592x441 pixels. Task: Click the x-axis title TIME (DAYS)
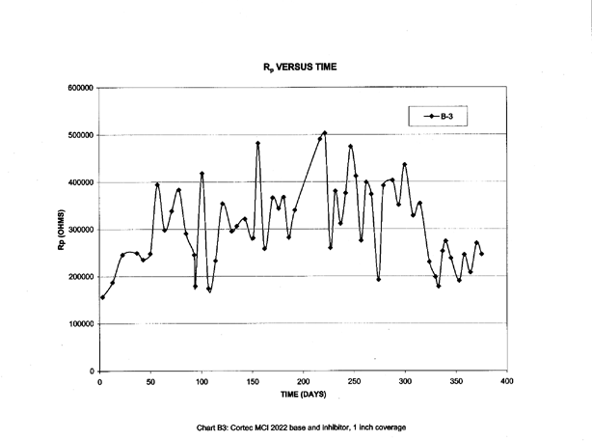point(304,396)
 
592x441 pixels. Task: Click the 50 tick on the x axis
point(150,382)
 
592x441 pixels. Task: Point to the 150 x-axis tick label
point(253,382)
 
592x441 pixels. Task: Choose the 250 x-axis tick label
point(354,382)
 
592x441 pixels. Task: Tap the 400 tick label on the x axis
point(506,382)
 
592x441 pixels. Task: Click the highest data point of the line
point(325,133)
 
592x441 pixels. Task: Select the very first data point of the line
point(102,297)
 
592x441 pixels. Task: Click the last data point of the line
point(481,254)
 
